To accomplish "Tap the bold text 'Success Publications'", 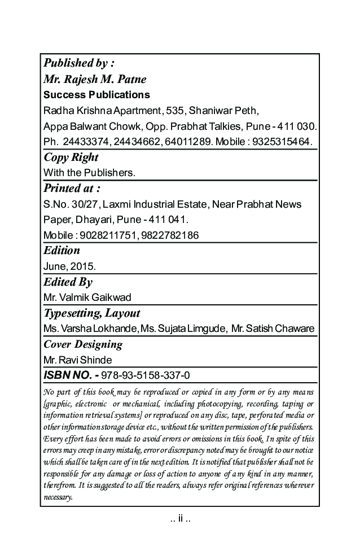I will [96, 94].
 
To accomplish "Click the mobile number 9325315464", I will [284, 140].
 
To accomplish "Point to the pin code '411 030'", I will [297, 125].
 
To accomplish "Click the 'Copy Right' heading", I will [71, 158].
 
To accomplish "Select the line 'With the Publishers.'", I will [89, 172].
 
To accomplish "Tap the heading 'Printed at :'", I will [72, 188].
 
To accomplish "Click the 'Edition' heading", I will [62, 250].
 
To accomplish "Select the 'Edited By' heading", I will [68, 282].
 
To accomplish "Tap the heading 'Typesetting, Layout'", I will [91, 313].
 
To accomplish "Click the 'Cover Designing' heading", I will [82, 344].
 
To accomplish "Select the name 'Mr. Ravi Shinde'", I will [77, 360].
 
